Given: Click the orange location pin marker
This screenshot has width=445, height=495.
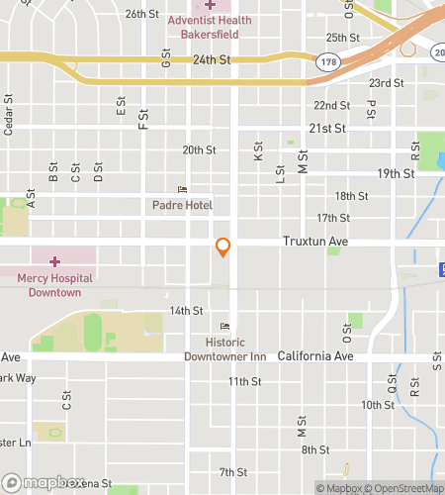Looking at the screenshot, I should click(223, 247).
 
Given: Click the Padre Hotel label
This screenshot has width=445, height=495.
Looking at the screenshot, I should click(182, 205).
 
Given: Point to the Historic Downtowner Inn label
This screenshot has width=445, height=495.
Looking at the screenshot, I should click(224, 349).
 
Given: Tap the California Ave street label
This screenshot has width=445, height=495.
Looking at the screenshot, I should click(314, 356).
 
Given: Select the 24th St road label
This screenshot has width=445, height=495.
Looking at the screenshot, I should click(211, 59).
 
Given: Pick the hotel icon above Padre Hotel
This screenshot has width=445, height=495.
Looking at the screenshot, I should click(181, 189).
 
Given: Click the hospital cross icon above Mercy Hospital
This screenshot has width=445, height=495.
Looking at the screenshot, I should click(54, 261).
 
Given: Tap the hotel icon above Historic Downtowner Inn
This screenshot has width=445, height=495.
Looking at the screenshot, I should click(224, 327).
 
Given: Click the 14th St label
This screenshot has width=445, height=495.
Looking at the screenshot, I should click(185, 310).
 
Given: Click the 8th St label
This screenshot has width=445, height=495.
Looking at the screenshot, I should click(315, 449).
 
